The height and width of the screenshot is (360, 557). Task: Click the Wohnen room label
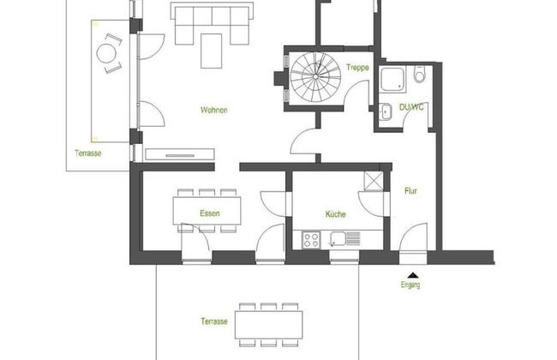pos(214,111)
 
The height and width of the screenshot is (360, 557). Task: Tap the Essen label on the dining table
pos(210,213)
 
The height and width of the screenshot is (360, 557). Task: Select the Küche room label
pos(336,214)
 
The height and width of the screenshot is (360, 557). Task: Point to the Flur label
pos(410,191)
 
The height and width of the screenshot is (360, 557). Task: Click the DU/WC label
pos(411,107)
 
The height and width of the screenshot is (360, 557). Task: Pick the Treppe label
pos(357,68)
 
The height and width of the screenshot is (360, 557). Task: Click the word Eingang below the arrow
pos(410,285)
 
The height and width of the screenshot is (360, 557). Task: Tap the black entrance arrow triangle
pos(412,274)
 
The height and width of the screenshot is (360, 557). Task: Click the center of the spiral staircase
pos(315,76)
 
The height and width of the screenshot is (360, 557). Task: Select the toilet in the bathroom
pos(420,74)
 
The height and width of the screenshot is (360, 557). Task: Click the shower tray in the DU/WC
pos(392,80)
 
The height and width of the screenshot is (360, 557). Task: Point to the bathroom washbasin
pos(385,111)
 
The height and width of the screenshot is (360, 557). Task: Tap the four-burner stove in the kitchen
pos(311,239)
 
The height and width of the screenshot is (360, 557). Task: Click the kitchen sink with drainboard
pos(344,239)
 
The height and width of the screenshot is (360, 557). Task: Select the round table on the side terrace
pos(106,53)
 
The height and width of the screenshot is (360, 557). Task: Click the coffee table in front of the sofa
pos(211,51)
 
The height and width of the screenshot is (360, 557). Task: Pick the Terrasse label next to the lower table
pos(214,321)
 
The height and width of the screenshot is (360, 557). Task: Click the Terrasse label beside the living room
pos(87,153)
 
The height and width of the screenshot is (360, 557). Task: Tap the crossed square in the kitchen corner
pos(374,181)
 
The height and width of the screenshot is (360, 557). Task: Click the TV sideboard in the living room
pos(180,154)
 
